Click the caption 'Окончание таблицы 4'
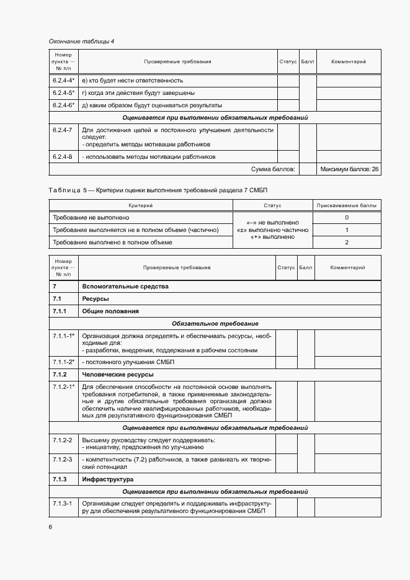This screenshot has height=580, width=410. point(81,42)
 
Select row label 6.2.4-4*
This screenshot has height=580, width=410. point(63,80)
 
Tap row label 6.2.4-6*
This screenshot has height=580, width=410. point(63,105)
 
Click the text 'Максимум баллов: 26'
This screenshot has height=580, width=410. point(349,169)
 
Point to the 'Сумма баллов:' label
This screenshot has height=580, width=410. point(273,169)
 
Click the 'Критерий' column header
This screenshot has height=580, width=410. point(140,205)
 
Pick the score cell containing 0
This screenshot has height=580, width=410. point(346,218)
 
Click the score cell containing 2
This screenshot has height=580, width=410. point(346,242)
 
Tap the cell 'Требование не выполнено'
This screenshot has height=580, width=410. point(91,218)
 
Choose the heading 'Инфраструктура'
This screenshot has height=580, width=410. point(107,479)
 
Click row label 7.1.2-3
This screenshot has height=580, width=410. point(62,459)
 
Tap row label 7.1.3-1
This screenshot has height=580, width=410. point(62,503)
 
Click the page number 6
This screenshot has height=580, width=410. point(50,527)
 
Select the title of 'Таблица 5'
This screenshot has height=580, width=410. point(161,189)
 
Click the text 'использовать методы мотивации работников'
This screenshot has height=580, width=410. point(149,157)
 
